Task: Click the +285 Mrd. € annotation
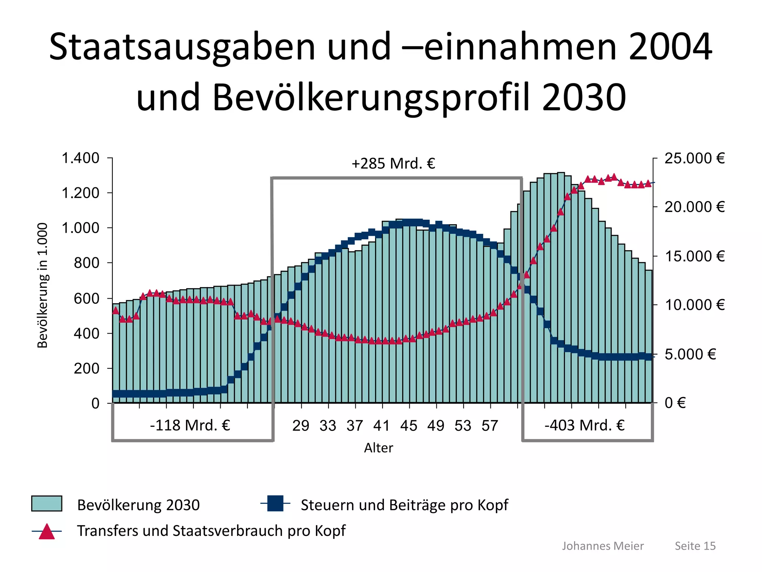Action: (x=393, y=163)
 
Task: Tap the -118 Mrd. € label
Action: (x=190, y=425)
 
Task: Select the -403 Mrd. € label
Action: (x=585, y=425)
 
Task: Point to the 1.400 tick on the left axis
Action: (x=80, y=158)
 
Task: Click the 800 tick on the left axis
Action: (x=86, y=263)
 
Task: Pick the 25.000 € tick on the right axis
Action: (x=695, y=158)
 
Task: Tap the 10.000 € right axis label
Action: (x=695, y=305)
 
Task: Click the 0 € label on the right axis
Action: (x=675, y=403)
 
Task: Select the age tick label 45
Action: (x=409, y=426)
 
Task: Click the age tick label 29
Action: (x=301, y=426)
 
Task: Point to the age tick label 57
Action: (x=490, y=426)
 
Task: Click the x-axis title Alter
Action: (x=378, y=448)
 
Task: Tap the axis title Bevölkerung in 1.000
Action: (x=43, y=285)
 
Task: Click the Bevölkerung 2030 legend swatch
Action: (x=47, y=504)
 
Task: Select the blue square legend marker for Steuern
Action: (x=275, y=503)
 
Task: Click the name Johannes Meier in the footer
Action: (x=603, y=546)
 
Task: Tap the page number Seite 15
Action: (x=695, y=546)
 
